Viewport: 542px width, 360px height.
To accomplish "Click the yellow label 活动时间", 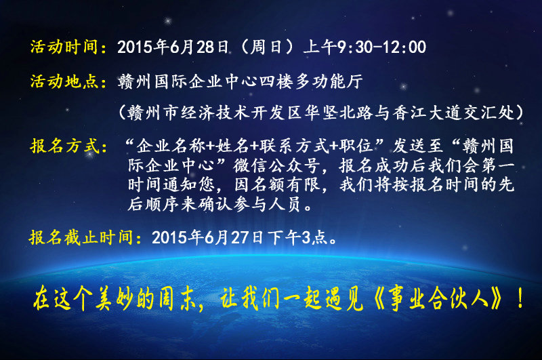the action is [x=64, y=47].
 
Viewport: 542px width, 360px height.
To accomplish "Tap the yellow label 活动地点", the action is [x=64, y=81].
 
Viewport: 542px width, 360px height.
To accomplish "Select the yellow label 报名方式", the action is [x=64, y=146].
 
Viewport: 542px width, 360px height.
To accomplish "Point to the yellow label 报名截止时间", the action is [x=81, y=237].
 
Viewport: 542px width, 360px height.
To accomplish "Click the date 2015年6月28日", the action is [x=173, y=47].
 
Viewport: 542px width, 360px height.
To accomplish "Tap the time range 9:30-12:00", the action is [x=381, y=47].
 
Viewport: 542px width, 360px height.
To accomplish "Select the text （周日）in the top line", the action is [x=267, y=47].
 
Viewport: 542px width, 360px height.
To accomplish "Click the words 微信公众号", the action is [x=276, y=165].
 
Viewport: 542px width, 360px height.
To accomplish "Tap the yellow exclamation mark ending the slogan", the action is [x=520, y=299].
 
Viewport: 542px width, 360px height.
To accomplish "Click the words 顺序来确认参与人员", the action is [x=222, y=204].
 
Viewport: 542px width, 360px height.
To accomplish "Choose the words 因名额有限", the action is [x=276, y=185].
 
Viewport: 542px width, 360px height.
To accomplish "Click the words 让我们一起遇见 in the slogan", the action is [x=292, y=299].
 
